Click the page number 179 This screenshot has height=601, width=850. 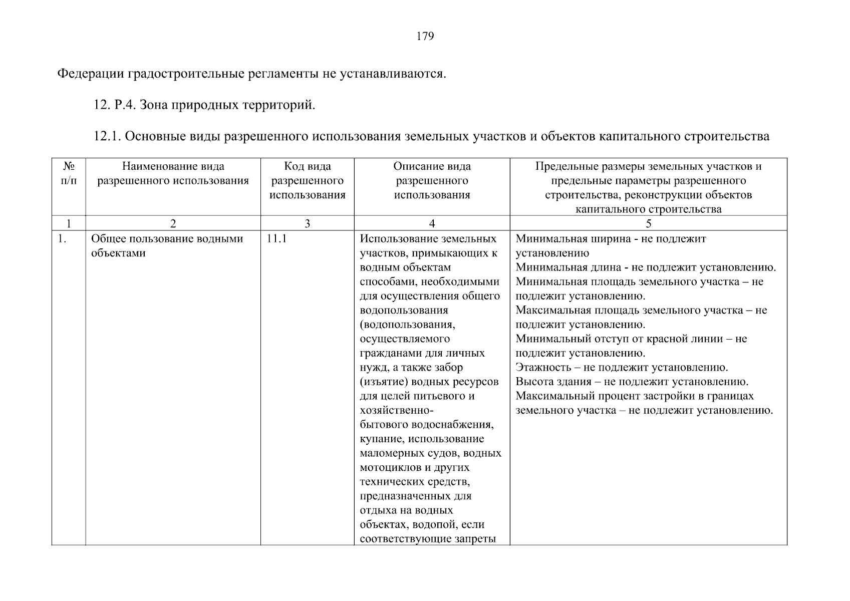click(425, 36)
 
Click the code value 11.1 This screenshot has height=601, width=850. click(276, 238)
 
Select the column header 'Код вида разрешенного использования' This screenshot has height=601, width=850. click(307, 181)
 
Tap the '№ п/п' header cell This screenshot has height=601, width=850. click(69, 173)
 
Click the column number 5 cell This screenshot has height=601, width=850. click(649, 224)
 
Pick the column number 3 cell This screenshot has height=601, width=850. click(307, 224)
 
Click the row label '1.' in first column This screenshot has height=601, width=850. click(62, 238)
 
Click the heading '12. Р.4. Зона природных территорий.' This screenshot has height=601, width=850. click(205, 105)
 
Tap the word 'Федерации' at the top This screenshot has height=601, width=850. click(91, 74)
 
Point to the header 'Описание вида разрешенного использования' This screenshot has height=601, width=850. click(432, 181)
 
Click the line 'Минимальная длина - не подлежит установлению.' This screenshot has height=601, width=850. click(646, 267)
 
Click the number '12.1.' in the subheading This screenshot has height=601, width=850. click(108, 136)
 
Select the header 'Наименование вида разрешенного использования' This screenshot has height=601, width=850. click(173, 173)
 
